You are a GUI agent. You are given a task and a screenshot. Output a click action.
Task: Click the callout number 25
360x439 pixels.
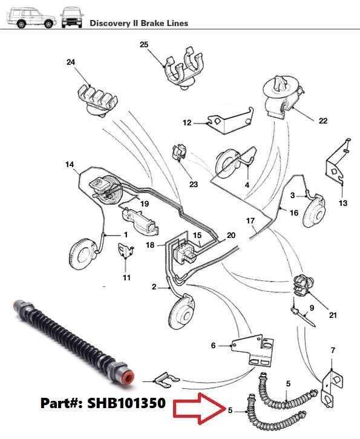(x=144, y=45)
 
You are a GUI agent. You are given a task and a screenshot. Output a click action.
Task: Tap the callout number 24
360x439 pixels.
(x=71, y=62)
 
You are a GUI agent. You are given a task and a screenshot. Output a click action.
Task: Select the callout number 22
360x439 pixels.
(x=323, y=120)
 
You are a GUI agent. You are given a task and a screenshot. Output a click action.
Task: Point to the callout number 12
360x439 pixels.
(x=187, y=123)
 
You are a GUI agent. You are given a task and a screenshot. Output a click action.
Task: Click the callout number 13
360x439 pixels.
(x=343, y=203)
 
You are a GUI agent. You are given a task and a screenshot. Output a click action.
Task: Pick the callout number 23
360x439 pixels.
(x=194, y=184)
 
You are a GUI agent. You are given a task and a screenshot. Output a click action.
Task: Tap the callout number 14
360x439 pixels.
(x=70, y=164)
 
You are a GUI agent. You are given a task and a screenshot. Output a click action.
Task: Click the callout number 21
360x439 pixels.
(x=333, y=315)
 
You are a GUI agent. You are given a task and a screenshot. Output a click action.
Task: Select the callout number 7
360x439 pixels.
(x=333, y=350)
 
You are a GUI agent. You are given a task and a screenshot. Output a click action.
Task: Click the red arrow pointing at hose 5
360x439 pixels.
(x=199, y=408)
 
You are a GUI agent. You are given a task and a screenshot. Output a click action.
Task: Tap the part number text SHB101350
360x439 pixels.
(x=126, y=403)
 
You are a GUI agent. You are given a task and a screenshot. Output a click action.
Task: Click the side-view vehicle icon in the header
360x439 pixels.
(x=31, y=18)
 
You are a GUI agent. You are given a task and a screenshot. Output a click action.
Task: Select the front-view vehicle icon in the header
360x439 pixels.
(x=71, y=18)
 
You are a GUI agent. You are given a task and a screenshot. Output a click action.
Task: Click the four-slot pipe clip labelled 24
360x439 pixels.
(x=97, y=101)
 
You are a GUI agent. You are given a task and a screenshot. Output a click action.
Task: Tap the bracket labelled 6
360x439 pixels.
(x=253, y=350)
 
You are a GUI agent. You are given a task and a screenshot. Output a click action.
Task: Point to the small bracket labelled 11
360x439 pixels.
(x=125, y=250)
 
